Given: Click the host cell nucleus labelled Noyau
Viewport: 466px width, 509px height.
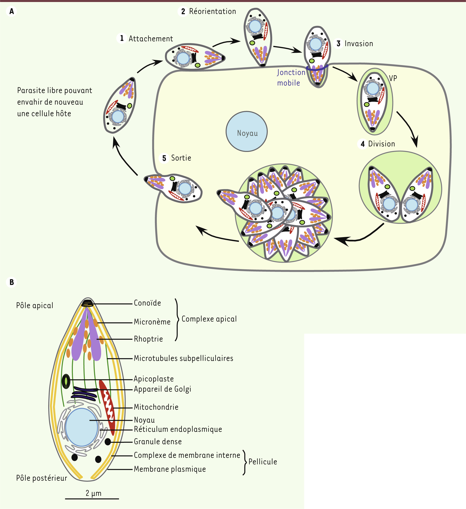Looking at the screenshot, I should tap(247, 132).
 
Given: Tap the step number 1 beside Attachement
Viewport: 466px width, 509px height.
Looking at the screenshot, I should tap(122, 38).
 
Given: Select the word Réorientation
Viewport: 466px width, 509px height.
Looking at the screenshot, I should tap(212, 11).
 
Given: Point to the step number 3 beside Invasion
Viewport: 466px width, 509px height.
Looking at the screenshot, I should tap(338, 44).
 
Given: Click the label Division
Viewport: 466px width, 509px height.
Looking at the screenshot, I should tap(381, 144).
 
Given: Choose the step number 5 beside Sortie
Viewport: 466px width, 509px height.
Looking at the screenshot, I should tap(164, 158).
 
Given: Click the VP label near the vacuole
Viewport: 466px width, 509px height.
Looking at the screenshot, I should tap(393, 78).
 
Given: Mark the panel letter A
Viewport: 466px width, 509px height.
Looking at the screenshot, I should tap(12, 11).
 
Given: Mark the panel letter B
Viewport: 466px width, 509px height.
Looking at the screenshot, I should tap(12, 282).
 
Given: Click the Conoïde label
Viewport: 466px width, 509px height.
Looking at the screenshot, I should tap(147, 303).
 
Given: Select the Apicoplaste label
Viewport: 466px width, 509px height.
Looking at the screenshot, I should tap(154, 379).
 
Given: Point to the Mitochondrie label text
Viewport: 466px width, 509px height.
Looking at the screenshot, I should tap(156, 407).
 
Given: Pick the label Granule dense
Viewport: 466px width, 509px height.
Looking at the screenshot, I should tap(157, 442).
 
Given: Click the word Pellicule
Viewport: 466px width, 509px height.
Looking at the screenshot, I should tap(262, 462).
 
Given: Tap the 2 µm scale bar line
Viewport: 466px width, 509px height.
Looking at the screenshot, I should tap(92, 499).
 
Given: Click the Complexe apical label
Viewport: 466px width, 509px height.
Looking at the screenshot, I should tap(209, 319).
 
